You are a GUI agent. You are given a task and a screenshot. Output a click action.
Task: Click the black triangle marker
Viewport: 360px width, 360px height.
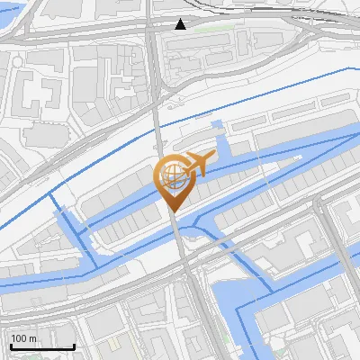(181, 24)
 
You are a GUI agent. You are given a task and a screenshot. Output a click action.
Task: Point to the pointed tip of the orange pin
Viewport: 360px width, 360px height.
(174, 212)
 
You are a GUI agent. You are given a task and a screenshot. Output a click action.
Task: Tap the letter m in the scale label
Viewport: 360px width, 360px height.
(33, 338)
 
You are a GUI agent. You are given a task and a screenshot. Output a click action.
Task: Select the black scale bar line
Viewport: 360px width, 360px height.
(42, 346)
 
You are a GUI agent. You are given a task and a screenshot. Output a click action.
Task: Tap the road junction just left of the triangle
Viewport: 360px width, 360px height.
(153, 27)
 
